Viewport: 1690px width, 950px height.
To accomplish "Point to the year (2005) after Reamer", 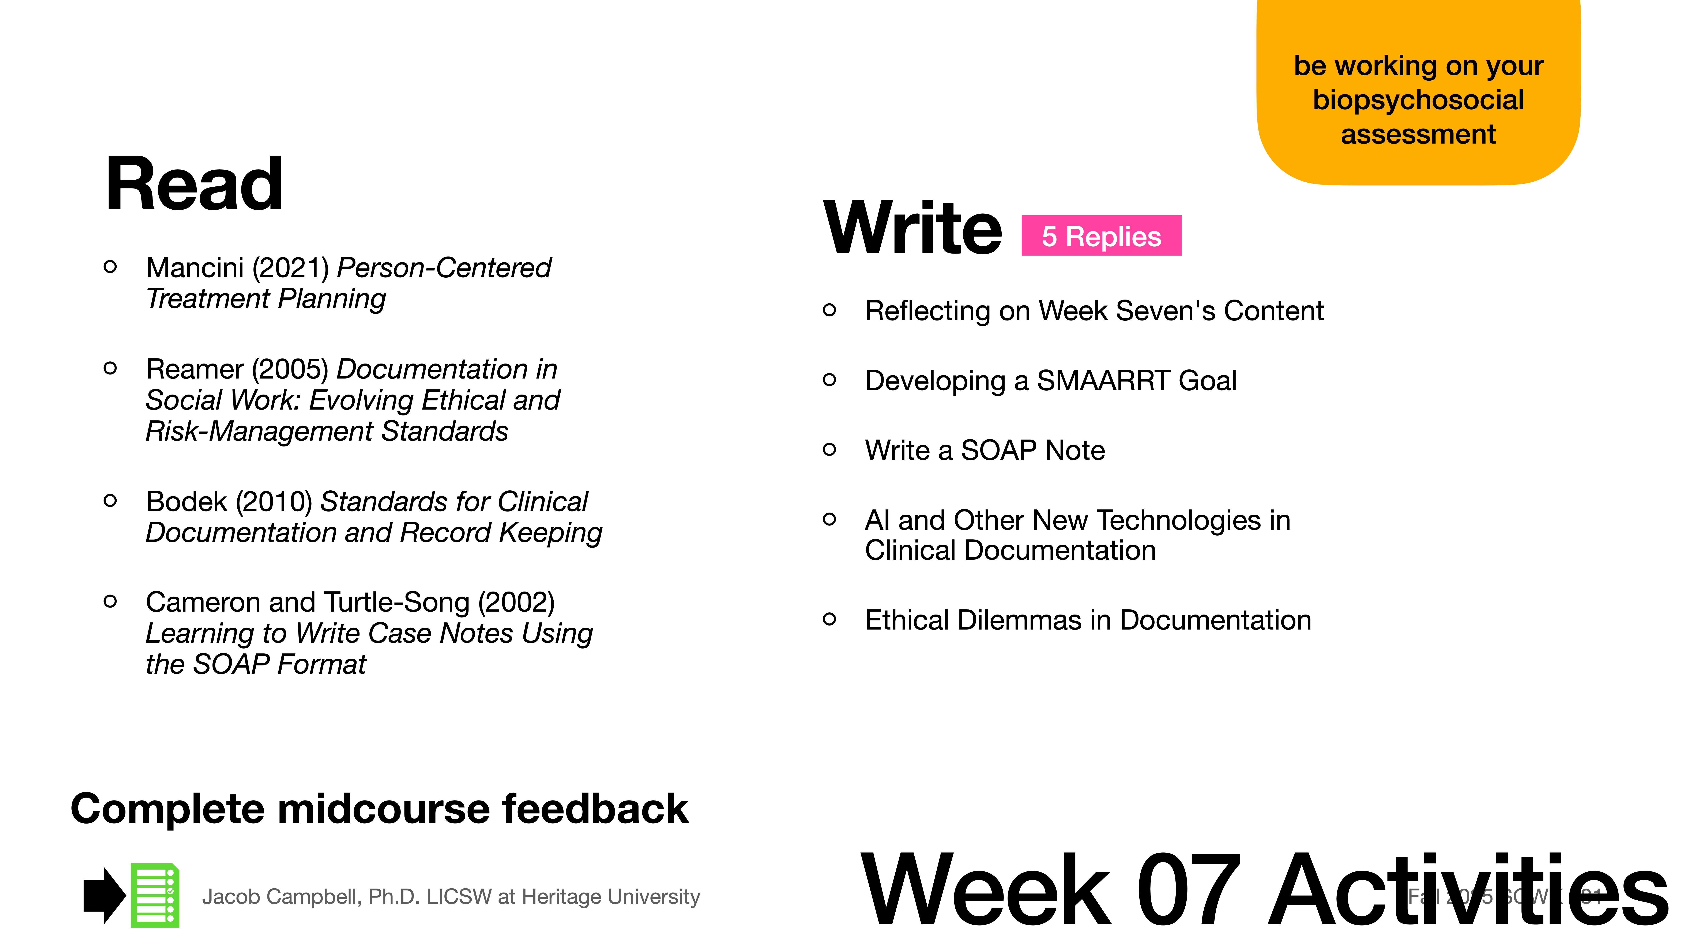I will tap(290, 369).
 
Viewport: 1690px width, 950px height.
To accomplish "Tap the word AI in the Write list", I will tap(877, 521).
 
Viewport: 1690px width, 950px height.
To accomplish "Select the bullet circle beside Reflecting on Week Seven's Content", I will tap(829, 310).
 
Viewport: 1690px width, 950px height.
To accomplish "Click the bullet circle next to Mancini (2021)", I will tap(110, 267).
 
